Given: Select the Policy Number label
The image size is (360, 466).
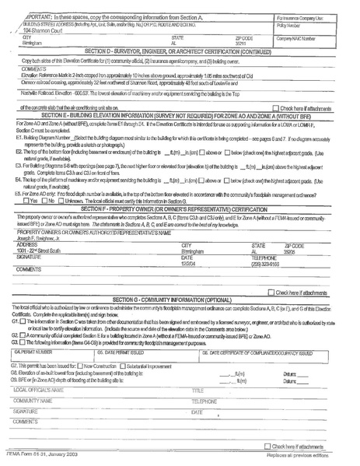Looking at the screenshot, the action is [x=293, y=25].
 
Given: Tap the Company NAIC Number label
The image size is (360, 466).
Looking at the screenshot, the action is [x=299, y=37].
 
